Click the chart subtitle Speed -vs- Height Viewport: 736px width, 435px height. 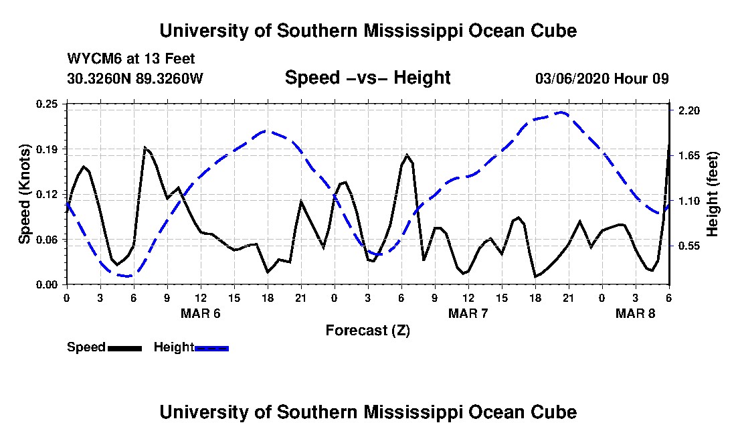367,78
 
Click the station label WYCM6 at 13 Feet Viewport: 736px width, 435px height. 130,59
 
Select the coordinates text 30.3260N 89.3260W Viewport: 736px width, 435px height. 134,78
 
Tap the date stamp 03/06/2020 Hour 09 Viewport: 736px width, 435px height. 602,78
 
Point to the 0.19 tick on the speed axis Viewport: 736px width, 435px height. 46,149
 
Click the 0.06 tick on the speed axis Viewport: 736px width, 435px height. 46,240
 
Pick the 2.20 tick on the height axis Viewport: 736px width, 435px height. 688,110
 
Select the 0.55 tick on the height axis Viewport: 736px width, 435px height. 688,246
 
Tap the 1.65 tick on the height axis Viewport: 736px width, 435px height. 688,156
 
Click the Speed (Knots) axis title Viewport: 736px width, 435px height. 24,194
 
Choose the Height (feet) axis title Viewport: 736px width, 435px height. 713,194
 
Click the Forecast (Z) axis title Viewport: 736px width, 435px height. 368,331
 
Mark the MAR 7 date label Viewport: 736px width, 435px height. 468,313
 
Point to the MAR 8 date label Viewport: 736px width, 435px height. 635,313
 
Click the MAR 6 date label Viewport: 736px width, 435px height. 201,313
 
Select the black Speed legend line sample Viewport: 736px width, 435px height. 124,349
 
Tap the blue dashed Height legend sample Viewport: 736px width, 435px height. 211,349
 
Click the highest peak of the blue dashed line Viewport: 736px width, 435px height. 561,112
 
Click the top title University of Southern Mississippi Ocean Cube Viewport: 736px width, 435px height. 368,31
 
